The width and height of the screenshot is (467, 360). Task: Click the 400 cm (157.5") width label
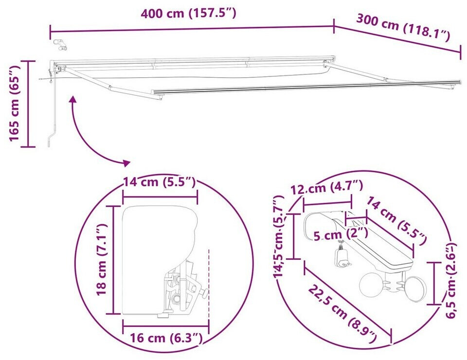pos(188,14)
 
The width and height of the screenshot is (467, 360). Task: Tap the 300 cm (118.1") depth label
pos(403,28)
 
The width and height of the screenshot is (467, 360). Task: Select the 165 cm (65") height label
pos(14,104)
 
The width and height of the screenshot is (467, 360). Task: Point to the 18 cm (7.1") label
pos(102,260)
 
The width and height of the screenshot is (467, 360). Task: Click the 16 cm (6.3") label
pos(166,338)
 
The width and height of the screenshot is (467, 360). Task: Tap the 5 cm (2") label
pos(341,234)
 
